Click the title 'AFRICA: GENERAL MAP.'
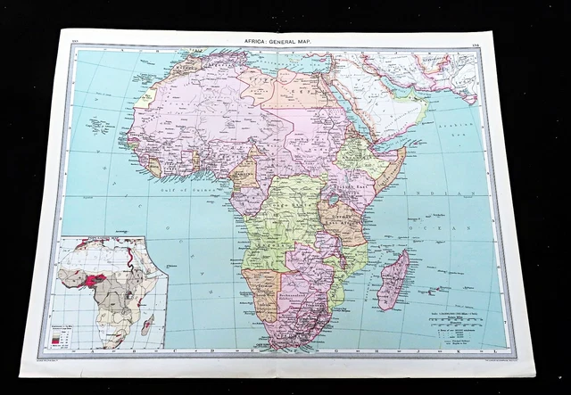[278, 39]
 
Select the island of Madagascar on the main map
[393, 280]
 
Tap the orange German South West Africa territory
[265, 294]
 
